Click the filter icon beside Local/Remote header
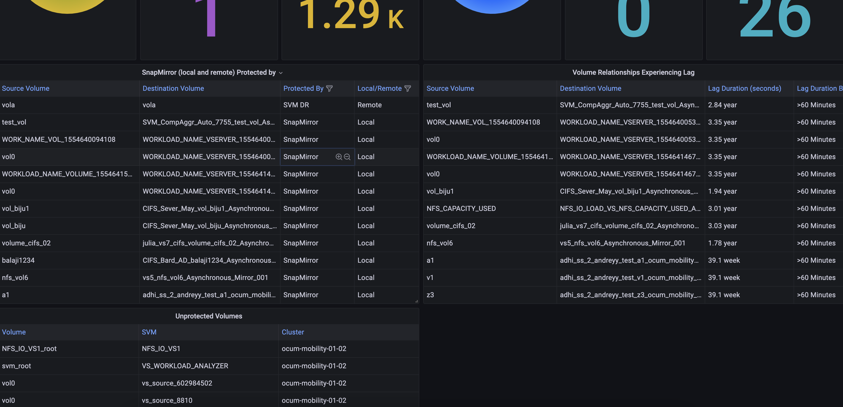407,89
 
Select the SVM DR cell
296,105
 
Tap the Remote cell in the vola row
369,105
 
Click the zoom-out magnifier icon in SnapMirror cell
347,157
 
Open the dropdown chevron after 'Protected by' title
281,73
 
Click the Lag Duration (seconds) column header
744,89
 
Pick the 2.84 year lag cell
722,105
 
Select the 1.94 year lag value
722,191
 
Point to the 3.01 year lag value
722,209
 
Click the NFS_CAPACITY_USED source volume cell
461,209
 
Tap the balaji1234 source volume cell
18,260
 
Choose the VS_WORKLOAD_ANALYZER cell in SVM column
185,366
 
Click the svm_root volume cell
16,366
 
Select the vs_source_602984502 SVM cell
177,383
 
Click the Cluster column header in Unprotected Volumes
293,332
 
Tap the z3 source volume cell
430,295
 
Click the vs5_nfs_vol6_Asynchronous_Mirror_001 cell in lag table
622,243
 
